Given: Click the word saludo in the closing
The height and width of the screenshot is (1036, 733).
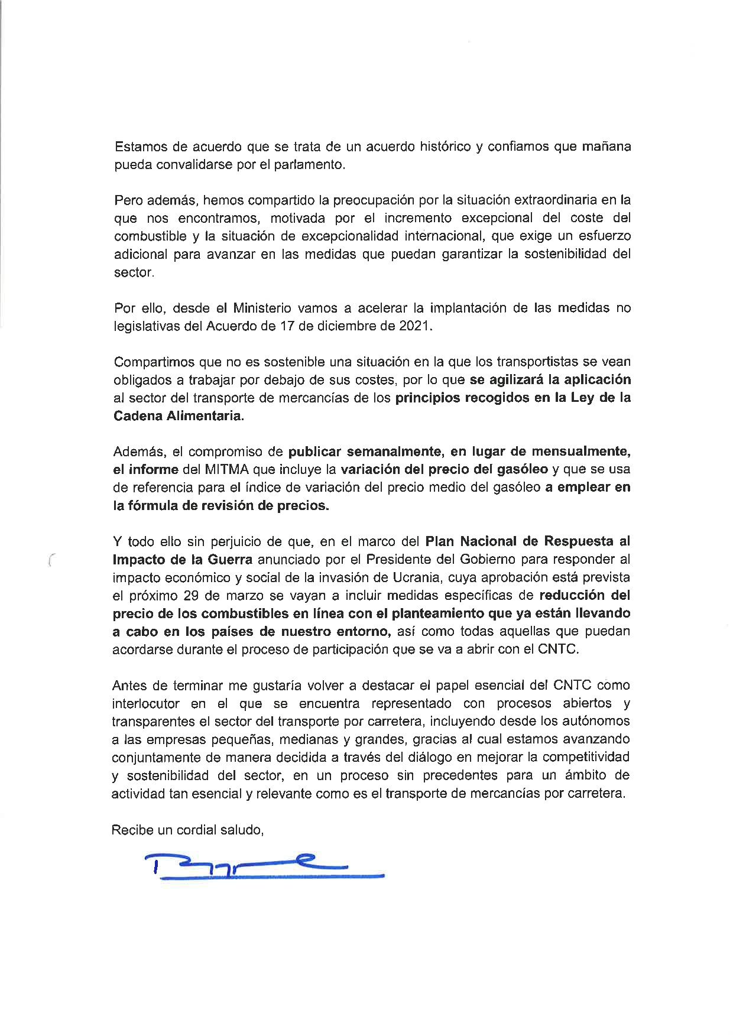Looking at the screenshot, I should tap(241, 829).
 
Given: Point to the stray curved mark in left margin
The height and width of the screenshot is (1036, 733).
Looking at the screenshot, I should tap(51, 559).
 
